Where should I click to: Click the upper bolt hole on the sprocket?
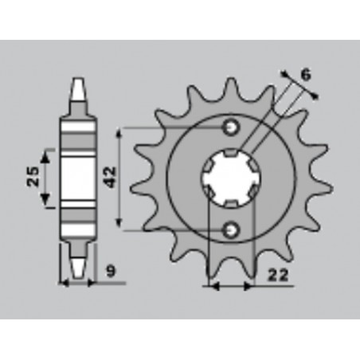point(231,127)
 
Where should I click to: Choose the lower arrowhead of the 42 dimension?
point(119,225)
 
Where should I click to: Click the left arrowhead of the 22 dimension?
point(211,286)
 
